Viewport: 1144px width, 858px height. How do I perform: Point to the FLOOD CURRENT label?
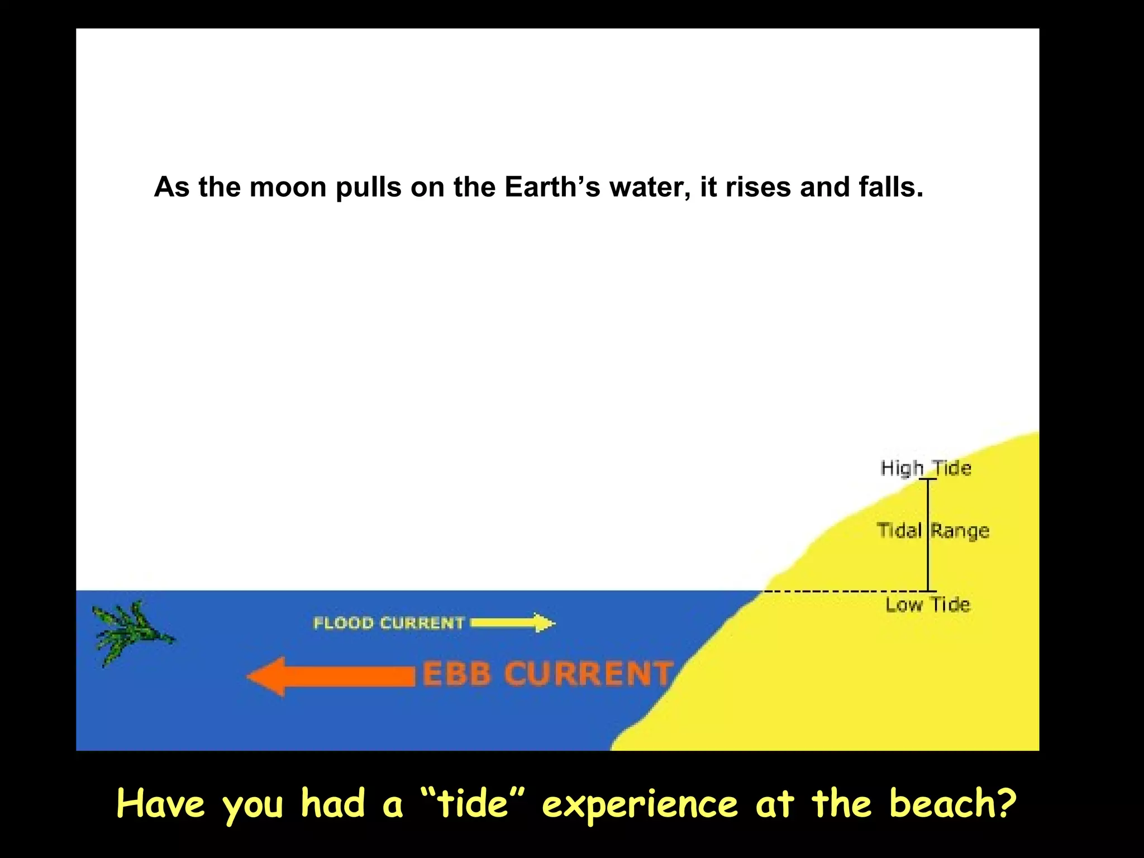[389, 623]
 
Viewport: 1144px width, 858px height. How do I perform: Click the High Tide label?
[926, 468]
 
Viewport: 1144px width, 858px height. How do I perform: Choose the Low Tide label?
[928, 604]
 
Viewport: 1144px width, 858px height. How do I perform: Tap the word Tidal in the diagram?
[898, 530]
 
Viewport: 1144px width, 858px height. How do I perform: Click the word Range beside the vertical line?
[960, 531]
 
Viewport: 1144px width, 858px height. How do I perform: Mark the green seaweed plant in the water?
[130, 632]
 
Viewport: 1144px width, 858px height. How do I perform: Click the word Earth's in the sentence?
[552, 187]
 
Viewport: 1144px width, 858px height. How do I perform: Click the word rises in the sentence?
[758, 187]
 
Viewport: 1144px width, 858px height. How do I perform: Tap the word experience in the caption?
[640, 805]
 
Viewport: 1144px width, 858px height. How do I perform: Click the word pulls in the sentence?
[368, 187]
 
